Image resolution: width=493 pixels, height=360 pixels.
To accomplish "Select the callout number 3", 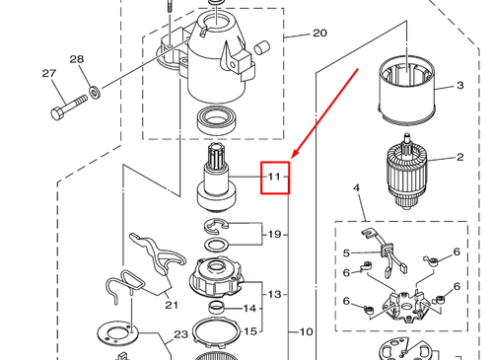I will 459,87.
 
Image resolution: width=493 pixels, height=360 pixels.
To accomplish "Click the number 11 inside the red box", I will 274,178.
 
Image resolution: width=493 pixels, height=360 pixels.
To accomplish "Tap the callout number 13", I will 275,294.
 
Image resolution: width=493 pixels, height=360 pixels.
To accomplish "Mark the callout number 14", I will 250,309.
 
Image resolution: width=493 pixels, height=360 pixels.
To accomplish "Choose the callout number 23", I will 180,334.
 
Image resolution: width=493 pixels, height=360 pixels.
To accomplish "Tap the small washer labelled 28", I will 94,94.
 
